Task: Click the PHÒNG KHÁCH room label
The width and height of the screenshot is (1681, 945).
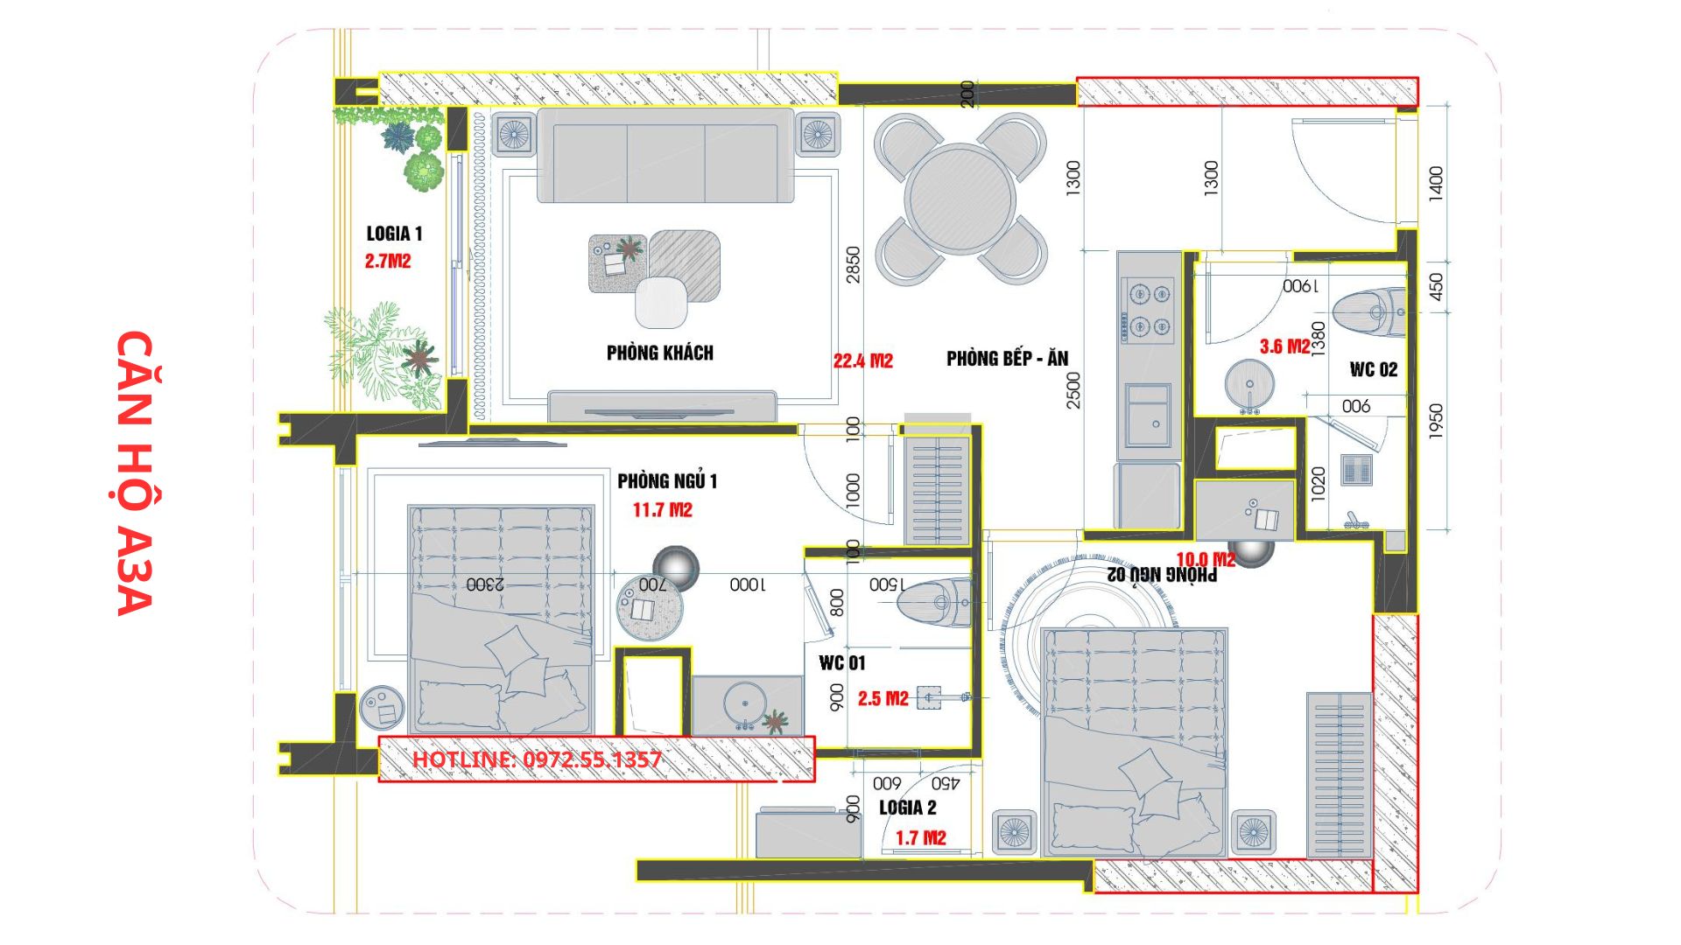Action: click(x=660, y=353)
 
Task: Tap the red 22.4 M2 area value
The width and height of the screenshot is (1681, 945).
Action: click(x=863, y=360)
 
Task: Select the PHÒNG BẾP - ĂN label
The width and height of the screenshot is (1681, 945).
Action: click(x=1008, y=358)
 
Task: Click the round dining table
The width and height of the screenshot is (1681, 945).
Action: click(x=960, y=199)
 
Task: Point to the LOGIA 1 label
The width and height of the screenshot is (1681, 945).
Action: click(x=394, y=234)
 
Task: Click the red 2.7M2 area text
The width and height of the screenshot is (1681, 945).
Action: click(x=388, y=261)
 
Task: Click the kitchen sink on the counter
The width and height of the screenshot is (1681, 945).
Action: click(x=1148, y=416)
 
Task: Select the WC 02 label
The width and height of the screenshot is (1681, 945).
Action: click(x=1374, y=369)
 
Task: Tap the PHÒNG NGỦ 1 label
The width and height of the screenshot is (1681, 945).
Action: click(x=667, y=480)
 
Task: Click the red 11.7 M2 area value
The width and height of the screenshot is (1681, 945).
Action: click(x=663, y=510)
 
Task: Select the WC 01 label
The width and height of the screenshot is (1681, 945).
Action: click(x=842, y=663)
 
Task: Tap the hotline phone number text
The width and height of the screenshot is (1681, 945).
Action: click(x=537, y=759)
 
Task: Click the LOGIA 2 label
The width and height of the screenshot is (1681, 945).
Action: click(x=908, y=808)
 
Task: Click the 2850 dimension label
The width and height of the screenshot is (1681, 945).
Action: click(x=853, y=264)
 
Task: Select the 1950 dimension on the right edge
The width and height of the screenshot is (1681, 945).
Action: click(x=1436, y=422)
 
